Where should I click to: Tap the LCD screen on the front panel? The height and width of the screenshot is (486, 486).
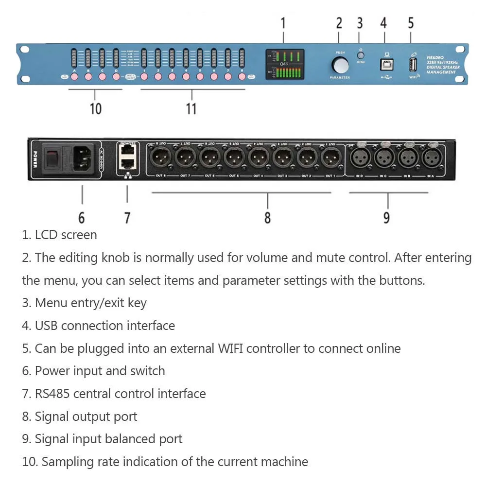[285, 64]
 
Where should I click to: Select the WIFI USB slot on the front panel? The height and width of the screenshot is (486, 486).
[413, 65]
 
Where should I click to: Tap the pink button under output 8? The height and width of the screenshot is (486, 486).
[242, 76]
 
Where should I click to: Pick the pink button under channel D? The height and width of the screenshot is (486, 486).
[116, 76]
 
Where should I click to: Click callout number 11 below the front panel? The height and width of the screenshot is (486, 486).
[191, 108]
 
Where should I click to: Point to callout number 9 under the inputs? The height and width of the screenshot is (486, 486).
[386, 217]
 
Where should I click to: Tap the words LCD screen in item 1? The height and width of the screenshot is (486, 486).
[66, 235]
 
